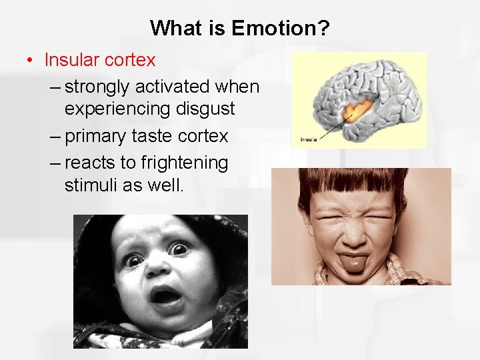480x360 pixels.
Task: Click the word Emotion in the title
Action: click(x=271, y=28)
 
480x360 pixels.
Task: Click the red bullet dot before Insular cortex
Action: click(x=31, y=60)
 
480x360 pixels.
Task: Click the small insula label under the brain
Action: click(x=309, y=139)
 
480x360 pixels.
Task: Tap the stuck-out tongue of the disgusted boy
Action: click(x=353, y=262)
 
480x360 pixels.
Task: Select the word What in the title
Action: click(x=175, y=28)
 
